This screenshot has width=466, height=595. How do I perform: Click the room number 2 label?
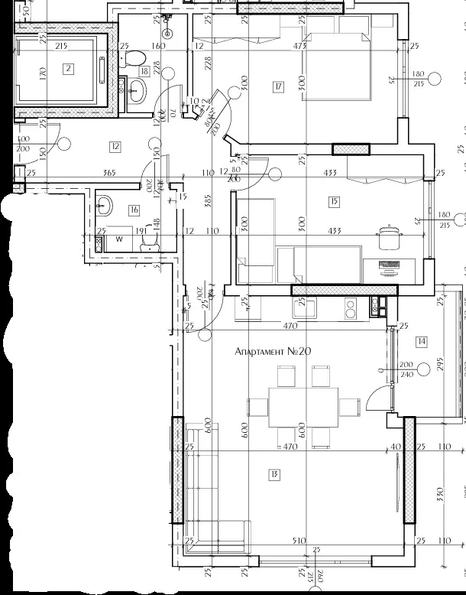pos(68,69)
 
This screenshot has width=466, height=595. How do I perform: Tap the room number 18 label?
pos(144,72)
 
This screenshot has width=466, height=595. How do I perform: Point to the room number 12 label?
pos(115,146)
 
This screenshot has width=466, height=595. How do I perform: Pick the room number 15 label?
pos(333,202)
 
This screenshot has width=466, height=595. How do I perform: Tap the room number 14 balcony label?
pos(422,341)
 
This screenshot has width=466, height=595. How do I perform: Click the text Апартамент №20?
pos(273,352)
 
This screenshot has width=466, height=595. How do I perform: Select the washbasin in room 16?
pos(105,205)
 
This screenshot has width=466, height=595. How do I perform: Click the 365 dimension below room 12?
pos(109,174)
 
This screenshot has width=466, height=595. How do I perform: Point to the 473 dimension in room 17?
pos(300,46)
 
